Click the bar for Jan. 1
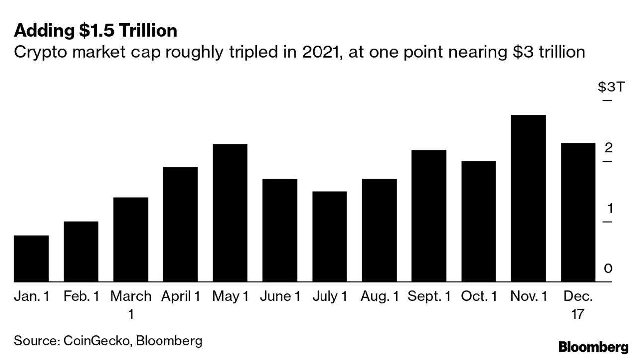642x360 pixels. [31, 259]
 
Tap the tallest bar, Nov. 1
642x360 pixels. [528, 198]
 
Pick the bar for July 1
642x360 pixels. [329, 237]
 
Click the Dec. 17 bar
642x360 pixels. [578, 212]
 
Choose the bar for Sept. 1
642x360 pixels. [429, 216]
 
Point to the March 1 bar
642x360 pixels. [131, 240]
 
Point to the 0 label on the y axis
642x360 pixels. [608, 269]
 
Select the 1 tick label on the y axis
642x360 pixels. [608, 208]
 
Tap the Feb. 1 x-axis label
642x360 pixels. [81, 297]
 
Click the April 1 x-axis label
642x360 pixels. [181, 297]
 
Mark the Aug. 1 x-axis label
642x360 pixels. [380, 297]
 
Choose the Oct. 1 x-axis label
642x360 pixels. [479, 297]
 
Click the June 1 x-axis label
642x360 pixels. [280, 297]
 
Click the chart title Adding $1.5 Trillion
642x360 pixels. [96, 31]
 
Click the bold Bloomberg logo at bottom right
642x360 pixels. [593, 347]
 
